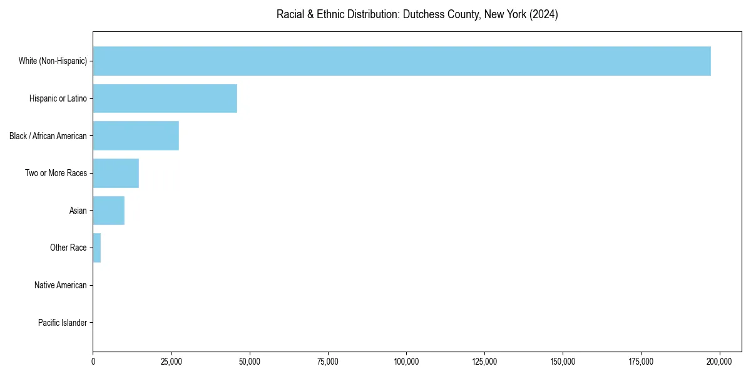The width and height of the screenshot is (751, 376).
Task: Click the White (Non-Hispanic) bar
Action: pos(402,61)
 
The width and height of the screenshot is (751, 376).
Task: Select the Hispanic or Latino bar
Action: pos(165,98)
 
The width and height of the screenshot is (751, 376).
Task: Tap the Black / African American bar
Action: pos(136,136)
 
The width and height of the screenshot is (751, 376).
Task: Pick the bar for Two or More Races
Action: pos(116,173)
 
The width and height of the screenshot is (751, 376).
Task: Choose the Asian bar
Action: pos(109,211)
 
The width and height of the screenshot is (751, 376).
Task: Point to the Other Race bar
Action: pos(97,248)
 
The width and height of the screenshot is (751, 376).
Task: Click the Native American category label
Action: pos(61,285)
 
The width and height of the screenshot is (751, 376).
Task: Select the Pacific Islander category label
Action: pos(62,323)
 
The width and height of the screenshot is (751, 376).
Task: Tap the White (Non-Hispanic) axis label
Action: pos(53,61)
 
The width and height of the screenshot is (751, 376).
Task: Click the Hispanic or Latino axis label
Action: pos(58,98)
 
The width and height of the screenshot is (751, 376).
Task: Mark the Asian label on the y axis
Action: pos(78,211)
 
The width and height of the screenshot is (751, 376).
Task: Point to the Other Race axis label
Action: pos(68,248)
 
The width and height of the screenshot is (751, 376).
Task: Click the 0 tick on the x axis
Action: pos(93,362)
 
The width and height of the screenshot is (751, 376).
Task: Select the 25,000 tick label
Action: pos(171,362)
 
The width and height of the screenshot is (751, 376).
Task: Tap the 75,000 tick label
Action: pos(328,362)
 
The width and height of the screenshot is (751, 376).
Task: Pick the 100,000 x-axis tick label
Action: pos(406,362)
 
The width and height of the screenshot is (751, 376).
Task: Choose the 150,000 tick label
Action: pos(563,362)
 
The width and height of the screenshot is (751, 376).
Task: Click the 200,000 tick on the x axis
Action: pos(719,362)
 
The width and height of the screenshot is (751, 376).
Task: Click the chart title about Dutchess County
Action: pos(417,14)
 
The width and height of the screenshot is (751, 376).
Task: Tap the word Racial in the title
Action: pos(289,14)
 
